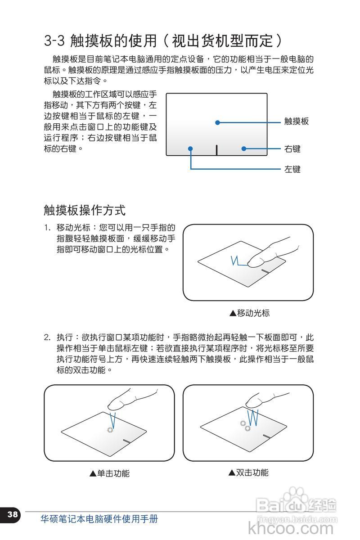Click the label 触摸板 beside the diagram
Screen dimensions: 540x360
pos(297,121)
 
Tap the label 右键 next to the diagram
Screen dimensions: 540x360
pos(292,148)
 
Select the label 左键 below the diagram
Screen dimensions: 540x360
pos(292,169)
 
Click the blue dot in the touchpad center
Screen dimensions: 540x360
pos(217,122)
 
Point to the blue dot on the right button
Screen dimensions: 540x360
pos(243,148)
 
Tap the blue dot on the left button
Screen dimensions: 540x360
pos(191,148)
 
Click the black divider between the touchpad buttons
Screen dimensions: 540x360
pos(217,149)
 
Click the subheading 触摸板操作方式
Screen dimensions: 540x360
pos(85,210)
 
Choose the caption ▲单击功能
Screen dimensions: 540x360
pos(109,473)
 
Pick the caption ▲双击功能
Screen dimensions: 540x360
pos(248,472)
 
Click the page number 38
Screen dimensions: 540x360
pos(13,514)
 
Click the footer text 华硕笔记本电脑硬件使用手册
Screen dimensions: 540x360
pos(99,519)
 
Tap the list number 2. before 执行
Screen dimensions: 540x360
pos(47,337)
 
